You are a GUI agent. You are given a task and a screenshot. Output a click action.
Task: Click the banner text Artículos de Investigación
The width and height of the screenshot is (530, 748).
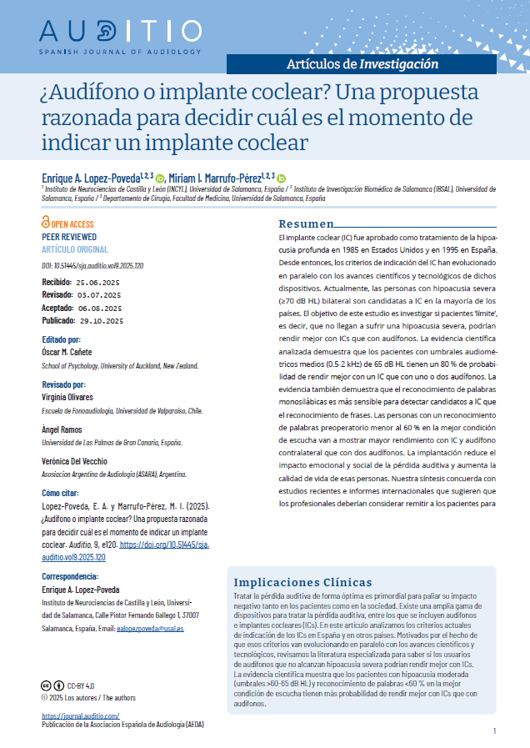point(362,63)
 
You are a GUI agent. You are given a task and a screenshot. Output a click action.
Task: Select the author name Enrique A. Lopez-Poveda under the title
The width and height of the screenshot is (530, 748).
point(91,178)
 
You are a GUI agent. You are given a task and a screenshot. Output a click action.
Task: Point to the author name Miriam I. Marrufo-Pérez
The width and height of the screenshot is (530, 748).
point(215,178)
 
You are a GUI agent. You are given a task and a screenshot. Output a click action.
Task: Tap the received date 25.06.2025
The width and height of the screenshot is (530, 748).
point(99,284)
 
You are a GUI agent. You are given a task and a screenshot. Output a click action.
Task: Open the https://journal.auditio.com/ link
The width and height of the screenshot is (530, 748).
point(80,715)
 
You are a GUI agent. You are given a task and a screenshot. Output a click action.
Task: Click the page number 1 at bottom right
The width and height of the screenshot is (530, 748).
point(495,731)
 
